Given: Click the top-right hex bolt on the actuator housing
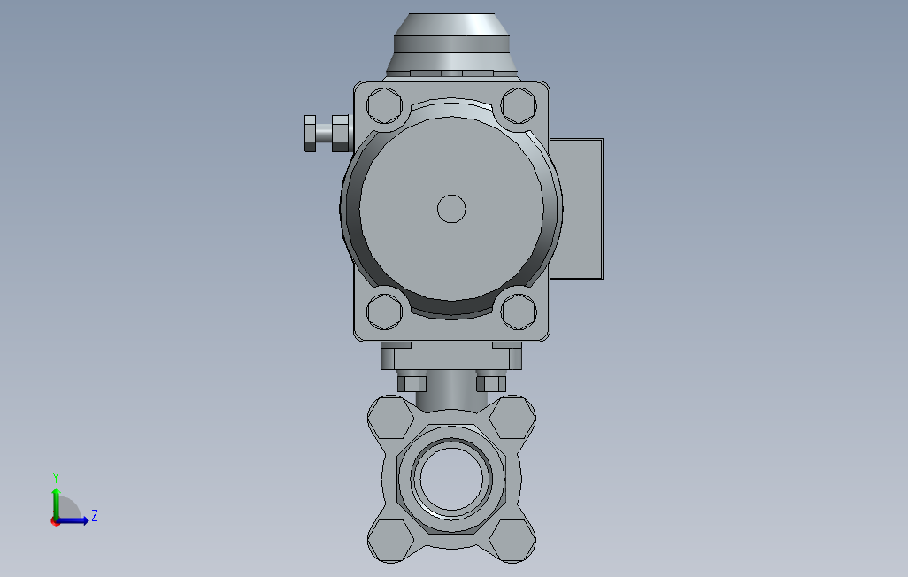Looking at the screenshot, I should (518, 105).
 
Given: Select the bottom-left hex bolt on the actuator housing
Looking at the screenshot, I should (384, 312).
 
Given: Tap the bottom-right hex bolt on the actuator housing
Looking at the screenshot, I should (518, 312).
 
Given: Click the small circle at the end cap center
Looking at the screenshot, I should (451, 209).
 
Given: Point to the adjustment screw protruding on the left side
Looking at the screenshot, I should (327, 133).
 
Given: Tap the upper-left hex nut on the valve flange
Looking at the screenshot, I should (389, 417).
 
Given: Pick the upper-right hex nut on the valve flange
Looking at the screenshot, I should (514, 417).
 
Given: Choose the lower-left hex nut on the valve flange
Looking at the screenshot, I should (389, 539).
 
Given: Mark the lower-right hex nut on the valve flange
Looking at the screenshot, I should (514, 539).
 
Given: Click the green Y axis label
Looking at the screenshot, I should (56, 476).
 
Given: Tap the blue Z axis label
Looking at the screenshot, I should (95, 515).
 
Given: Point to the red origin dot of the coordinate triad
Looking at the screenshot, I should (55, 522).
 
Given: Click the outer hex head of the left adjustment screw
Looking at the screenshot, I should (310, 133).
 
